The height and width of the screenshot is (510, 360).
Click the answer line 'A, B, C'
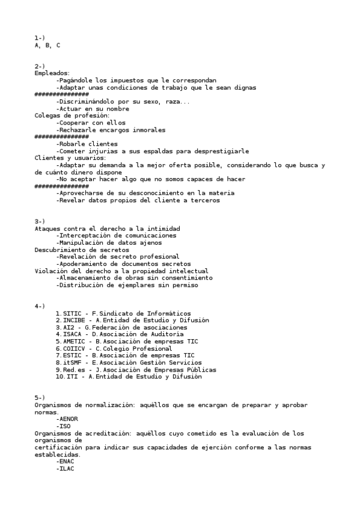coord(47,45)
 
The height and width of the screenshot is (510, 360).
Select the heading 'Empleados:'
coord(52,73)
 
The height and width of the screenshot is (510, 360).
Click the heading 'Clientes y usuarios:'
coord(70,158)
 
